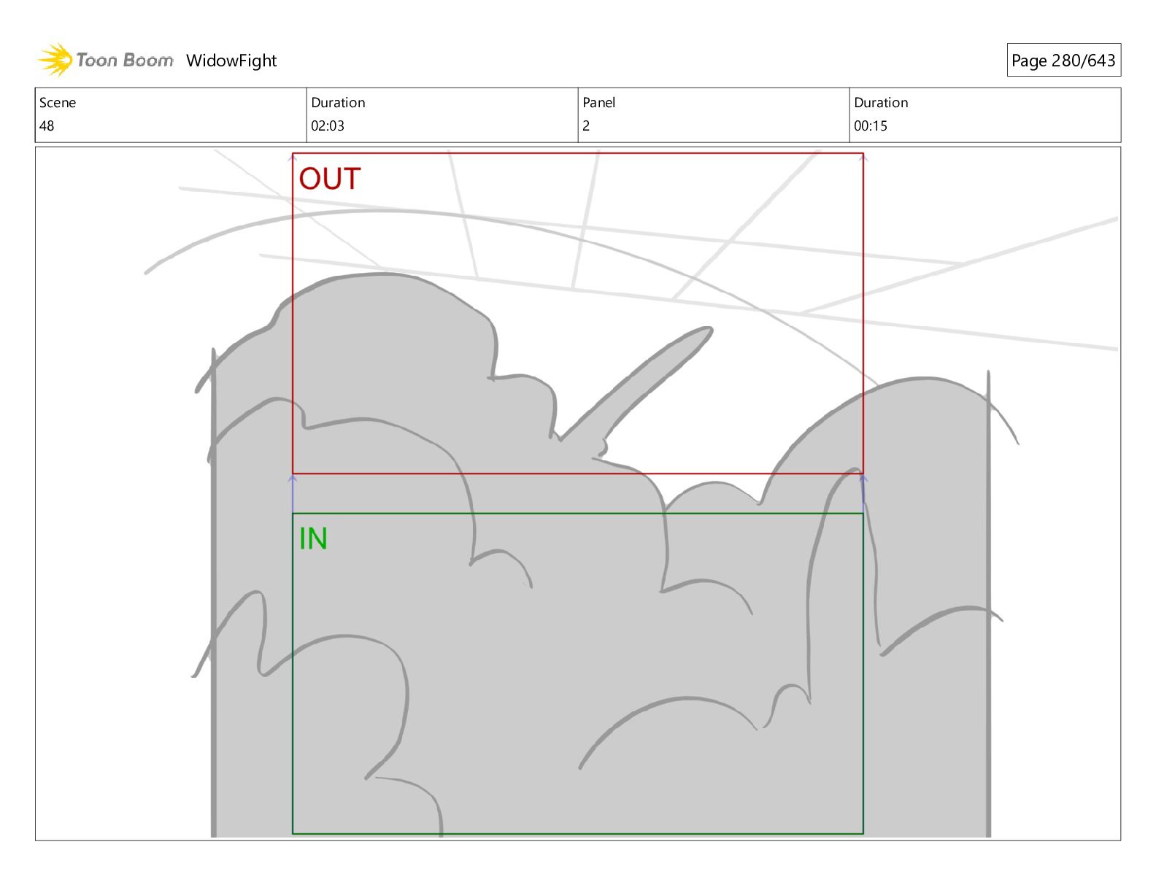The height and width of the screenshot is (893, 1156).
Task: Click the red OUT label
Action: [330, 179]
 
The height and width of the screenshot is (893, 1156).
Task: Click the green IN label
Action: [313, 539]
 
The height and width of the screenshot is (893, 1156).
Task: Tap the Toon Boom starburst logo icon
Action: [55, 59]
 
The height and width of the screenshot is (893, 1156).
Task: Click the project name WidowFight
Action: [231, 61]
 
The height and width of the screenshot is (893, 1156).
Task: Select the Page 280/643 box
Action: [1063, 61]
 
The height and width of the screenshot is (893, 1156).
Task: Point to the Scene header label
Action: [58, 103]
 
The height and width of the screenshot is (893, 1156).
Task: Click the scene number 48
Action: [47, 126]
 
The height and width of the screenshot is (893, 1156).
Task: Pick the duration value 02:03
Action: [328, 126]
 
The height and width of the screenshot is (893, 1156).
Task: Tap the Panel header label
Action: [599, 103]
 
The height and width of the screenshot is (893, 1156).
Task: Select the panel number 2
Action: [586, 126]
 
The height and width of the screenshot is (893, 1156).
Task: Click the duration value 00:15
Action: [871, 126]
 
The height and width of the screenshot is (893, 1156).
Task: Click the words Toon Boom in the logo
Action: [125, 61]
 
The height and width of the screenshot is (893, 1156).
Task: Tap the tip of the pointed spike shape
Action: [709, 330]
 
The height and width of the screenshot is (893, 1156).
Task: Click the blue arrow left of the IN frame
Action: [293, 493]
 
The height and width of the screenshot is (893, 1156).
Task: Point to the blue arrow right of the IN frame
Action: [863, 493]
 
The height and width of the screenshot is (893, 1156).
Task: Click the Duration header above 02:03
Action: [338, 103]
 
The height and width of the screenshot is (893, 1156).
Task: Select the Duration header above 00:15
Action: [881, 103]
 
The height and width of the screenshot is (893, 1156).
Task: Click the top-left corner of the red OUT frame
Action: [293, 153]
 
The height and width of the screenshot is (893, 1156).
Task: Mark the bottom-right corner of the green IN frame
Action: [863, 833]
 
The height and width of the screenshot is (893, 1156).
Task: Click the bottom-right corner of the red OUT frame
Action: [863, 473]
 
